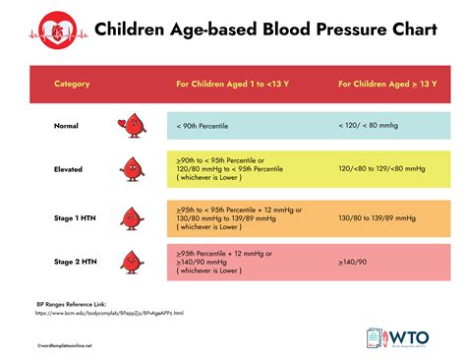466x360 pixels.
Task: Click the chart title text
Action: [x=252, y=30]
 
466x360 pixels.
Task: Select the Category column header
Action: [x=72, y=84]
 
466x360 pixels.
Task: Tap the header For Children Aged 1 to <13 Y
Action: [x=238, y=84]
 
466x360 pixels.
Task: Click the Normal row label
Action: [x=68, y=126]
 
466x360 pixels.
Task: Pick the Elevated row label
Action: [x=68, y=168]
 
